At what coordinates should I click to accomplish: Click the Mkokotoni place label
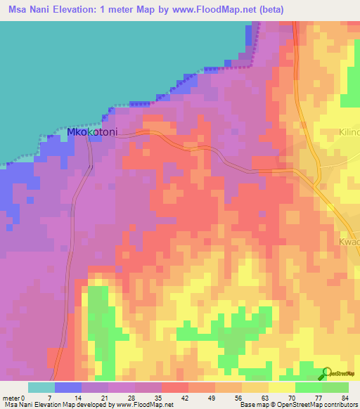[x=91, y=131]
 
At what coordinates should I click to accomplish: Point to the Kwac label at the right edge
[x=349, y=242]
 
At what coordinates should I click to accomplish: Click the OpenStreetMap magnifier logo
[x=326, y=373]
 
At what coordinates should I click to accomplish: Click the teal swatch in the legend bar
[x=41, y=387]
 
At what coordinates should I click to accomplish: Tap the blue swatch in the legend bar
[x=67, y=387]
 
